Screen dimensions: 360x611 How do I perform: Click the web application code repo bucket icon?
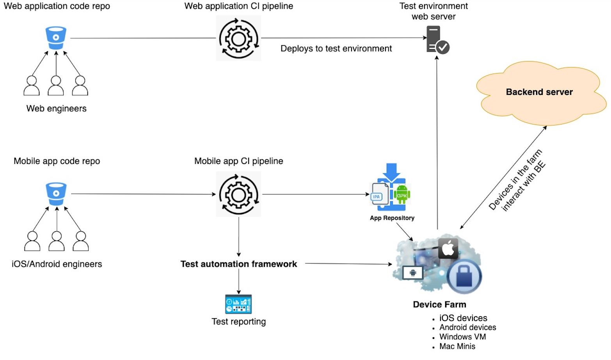pyautogui.click(x=56, y=38)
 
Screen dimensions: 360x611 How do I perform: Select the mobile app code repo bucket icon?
pyautogui.click(x=56, y=194)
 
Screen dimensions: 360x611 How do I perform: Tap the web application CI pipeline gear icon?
pyautogui.click(x=238, y=38)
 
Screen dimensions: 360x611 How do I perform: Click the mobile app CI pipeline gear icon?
pyautogui.click(x=238, y=194)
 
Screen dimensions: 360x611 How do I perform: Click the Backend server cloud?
pyautogui.click(x=539, y=92)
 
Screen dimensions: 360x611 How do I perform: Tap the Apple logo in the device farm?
pyautogui.click(x=448, y=248)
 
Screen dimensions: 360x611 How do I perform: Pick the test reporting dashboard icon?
pyautogui.click(x=238, y=304)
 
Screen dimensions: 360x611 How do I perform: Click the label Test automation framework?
pyautogui.click(x=238, y=264)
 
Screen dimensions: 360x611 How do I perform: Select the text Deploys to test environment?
pyautogui.click(x=336, y=48)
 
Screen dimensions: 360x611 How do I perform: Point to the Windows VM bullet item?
pyautogui.click(x=462, y=337)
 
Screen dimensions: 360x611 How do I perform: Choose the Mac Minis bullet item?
pyautogui.click(x=457, y=346)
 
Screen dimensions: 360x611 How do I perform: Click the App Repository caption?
pyautogui.click(x=392, y=218)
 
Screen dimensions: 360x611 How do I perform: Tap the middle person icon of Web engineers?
pyautogui.click(x=56, y=86)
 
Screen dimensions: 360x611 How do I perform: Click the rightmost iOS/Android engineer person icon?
pyautogui.click(x=81, y=241)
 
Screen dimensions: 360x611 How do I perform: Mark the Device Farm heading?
pyautogui.click(x=439, y=305)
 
